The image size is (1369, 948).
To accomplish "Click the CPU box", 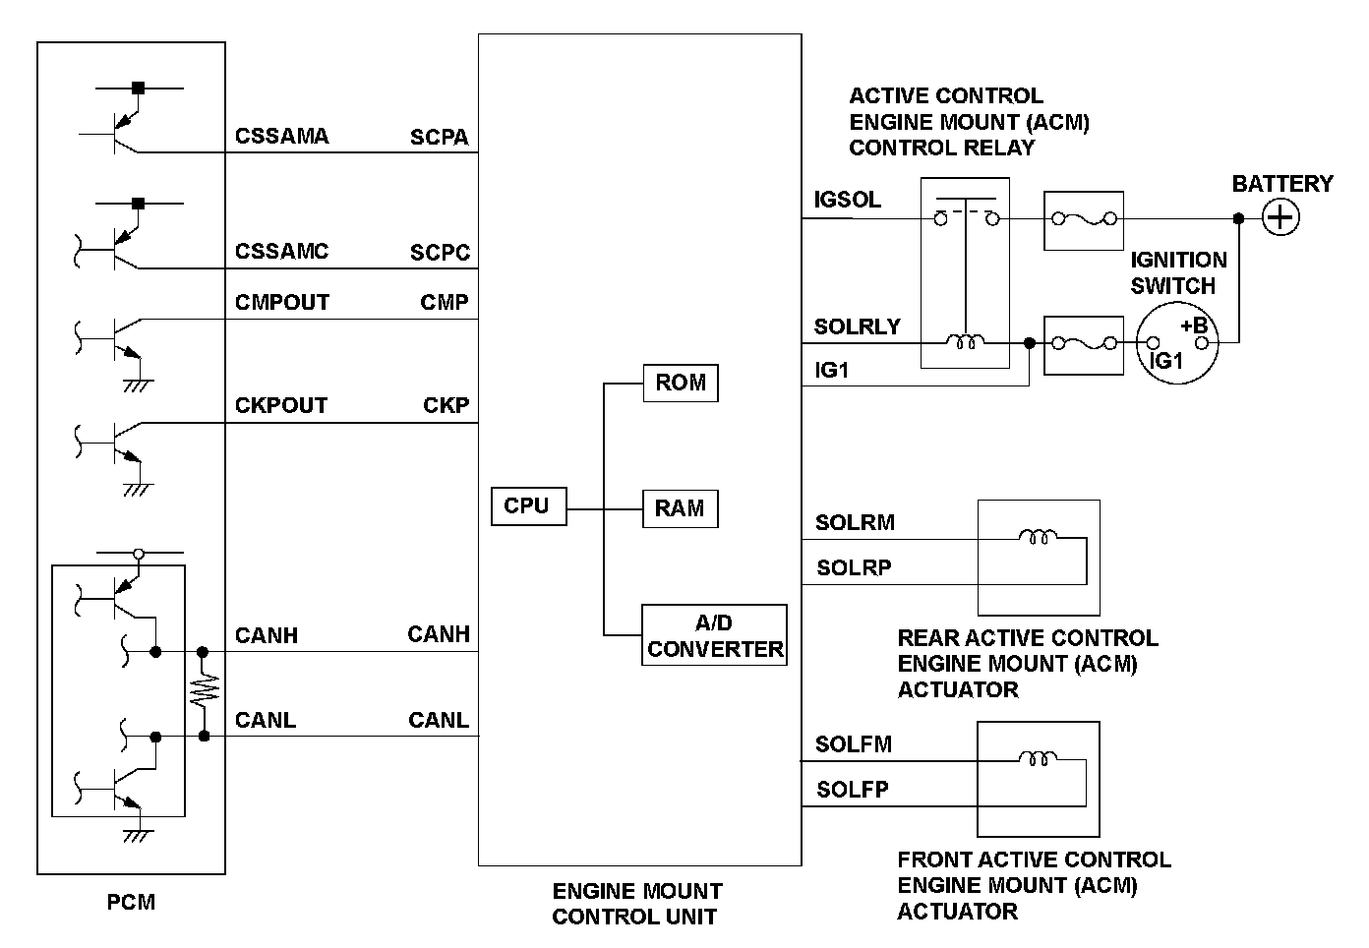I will click(528, 506).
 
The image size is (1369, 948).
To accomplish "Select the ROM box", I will click(681, 383).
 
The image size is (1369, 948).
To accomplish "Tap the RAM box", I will click(680, 508).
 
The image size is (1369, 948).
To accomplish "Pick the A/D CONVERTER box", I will click(715, 635).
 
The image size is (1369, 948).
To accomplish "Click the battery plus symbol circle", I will click(1280, 217).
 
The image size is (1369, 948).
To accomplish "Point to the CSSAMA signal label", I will click(281, 136).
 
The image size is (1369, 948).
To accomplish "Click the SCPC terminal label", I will click(440, 252).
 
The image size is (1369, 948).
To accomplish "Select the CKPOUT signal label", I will click(281, 405).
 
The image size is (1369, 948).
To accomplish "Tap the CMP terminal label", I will click(445, 302).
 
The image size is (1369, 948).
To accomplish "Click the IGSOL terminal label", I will click(847, 200).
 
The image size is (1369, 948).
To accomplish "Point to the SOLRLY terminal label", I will click(857, 326).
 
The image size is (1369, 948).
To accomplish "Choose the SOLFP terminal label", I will click(853, 789).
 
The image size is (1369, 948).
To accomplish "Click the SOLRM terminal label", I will click(855, 522).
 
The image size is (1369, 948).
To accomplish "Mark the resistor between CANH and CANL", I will click(204, 692).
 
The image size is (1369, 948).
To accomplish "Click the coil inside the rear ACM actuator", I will click(1038, 537).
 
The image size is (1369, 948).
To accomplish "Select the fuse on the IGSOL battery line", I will click(1083, 219).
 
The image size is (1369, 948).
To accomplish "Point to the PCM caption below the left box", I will click(131, 901).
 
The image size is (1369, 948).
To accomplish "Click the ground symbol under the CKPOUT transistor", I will click(138, 489).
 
